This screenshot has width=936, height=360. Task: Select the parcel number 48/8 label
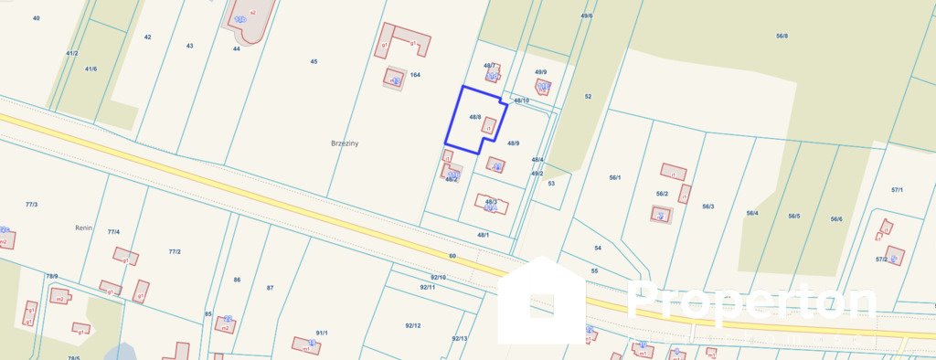pyautogui.click(x=475, y=117)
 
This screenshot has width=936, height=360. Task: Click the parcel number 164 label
pyautogui.click(x=415, y=75)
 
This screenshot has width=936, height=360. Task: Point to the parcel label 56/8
pyautogui.click(x=782, y=36)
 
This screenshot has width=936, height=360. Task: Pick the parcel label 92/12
pyautogui.click(x=412, y=325)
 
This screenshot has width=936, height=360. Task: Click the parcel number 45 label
pyautogui.click(x=314, y=61)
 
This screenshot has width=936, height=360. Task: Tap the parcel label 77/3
pyautogui.click(x=32, y=205)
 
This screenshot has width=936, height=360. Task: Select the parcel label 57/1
pyautogui.click(x=897, y=190)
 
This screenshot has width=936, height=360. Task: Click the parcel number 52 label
pyautogui.click(x=588, y=96)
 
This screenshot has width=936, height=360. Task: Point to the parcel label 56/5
pyautogui.click(x=793, y=217)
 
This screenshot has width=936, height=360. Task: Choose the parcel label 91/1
pyautogui.click(x=322, y=333)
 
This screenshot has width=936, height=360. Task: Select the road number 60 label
pyautogui.click(x=452, y=257)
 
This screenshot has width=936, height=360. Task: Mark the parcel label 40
pyautogui.click(x=36, y=18)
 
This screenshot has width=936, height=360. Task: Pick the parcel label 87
pyautogui.click(x=270, y=288)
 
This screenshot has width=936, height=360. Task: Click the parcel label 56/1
pyautogui.click(x=615, y=177)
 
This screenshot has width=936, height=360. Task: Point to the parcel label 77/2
pyautogui.click(x=175, y=251)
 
